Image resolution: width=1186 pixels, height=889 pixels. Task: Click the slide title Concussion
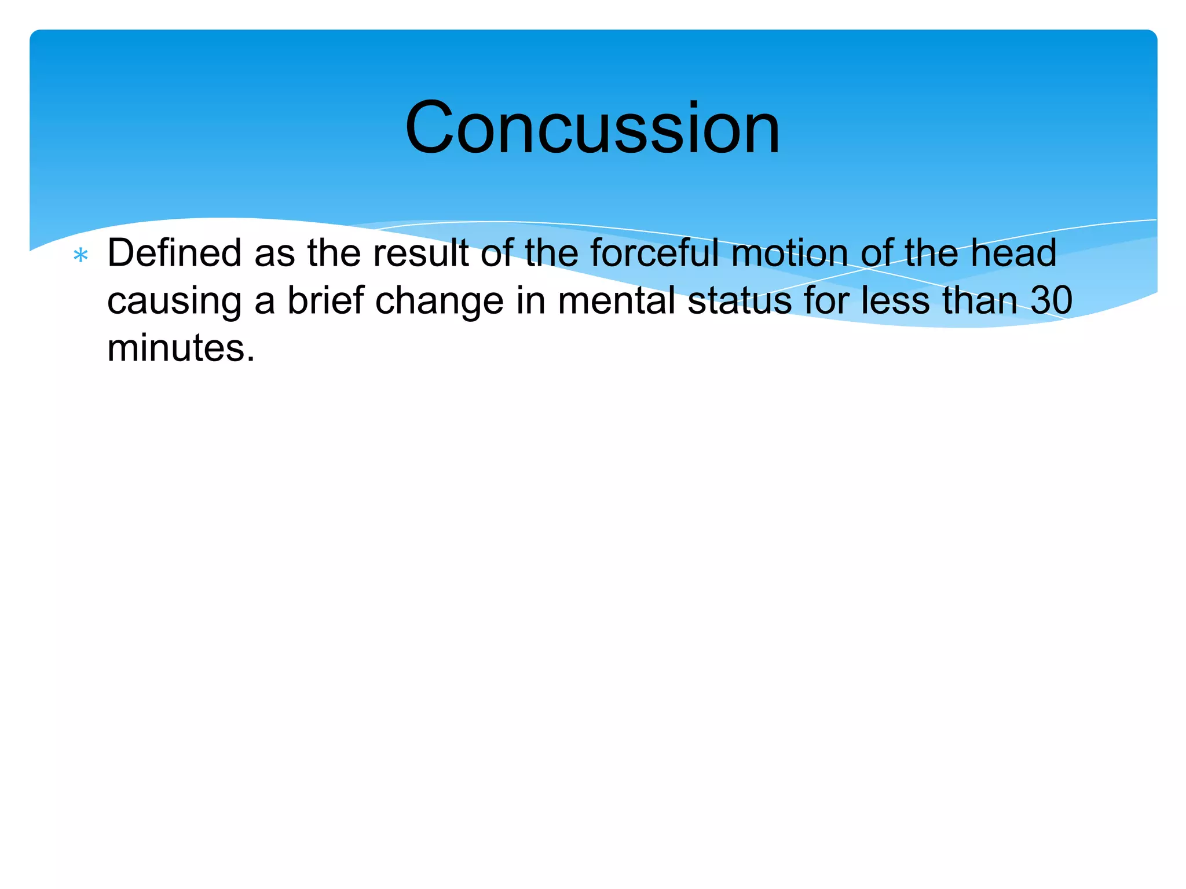pos(592,128)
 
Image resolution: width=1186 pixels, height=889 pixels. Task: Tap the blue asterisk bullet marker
pos(81,255)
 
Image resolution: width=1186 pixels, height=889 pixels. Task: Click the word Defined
pos(174,254)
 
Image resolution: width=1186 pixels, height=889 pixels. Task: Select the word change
pos(440,302)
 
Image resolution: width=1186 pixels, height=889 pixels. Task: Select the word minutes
pos(175,348)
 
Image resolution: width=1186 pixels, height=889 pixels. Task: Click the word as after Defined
pos(274,255)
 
